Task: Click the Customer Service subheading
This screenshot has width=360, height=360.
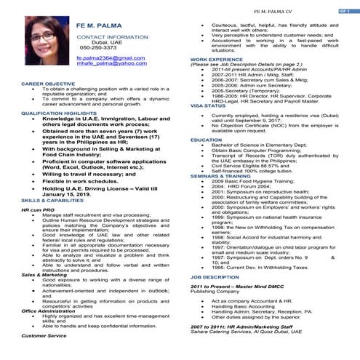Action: [44, 336]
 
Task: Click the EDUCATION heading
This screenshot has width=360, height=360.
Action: [206, 139]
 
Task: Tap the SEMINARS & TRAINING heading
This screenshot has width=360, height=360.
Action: [222, 176]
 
